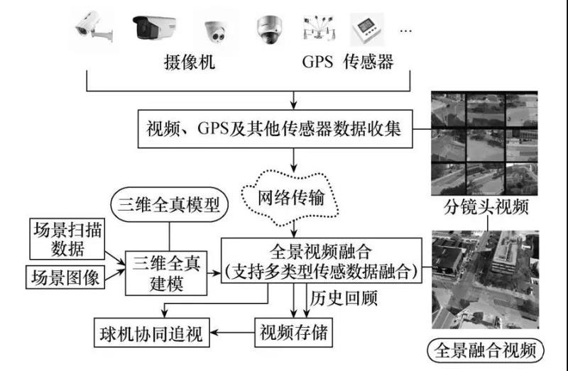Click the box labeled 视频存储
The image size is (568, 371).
(293, 331)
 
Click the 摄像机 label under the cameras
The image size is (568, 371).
(188, 62)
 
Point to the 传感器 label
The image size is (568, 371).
(367, 62)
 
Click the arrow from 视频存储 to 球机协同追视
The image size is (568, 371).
(235, 331)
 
